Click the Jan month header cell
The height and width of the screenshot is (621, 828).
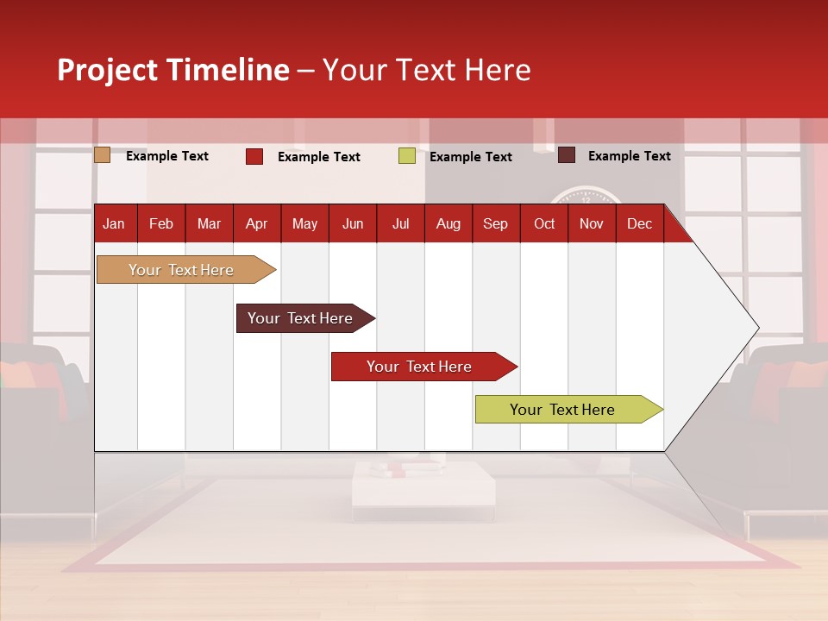(x=115, y=223)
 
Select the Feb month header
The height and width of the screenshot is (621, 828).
(x=161, y=223)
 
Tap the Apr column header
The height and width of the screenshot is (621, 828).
(x=257, y=223)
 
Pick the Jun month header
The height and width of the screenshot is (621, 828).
(x=353, y=223)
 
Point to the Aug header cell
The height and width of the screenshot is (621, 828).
(x=448, y=223)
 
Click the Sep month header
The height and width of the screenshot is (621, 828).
(x=496, y=223)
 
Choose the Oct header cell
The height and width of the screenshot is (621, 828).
(x=544, y=223)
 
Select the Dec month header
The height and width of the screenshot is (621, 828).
(x=640, y=223)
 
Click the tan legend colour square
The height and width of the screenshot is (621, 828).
(x=103, y=155)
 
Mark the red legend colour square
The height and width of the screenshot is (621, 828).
(x=254, y=156)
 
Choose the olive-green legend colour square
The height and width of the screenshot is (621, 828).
(x=407, y=156)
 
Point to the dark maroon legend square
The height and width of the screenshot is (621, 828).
(x=567, y=155)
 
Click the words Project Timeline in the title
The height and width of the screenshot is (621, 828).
(x=173, y=70)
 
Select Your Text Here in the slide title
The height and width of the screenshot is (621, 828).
(x=426, y=70)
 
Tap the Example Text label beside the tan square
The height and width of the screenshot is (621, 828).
(x=167, y=156)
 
